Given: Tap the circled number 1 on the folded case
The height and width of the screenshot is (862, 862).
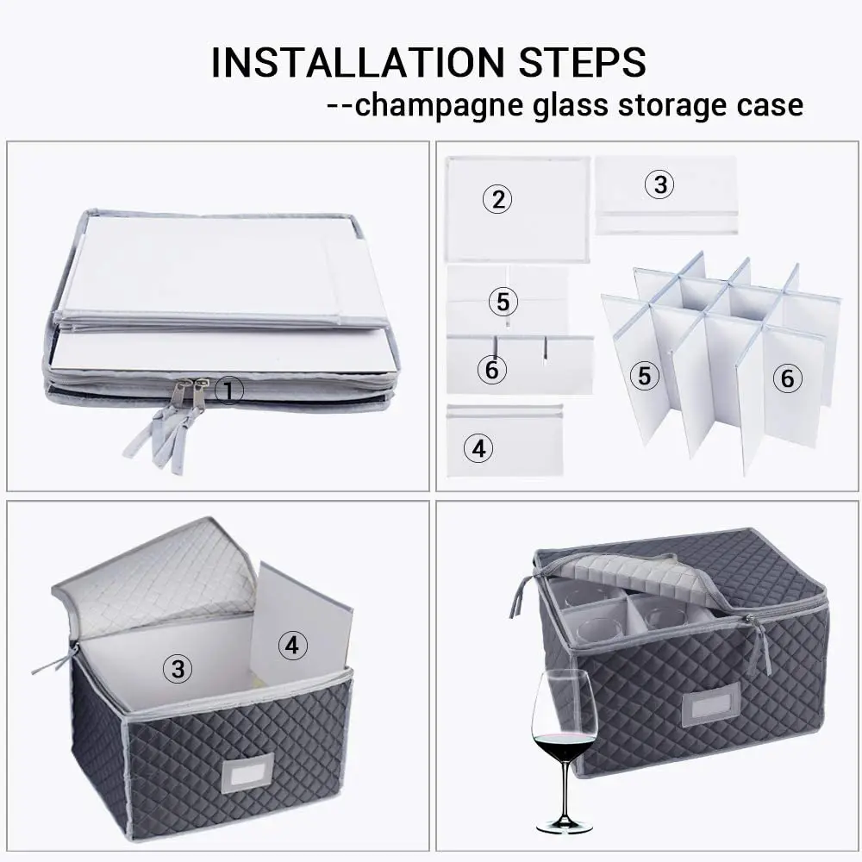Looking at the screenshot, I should coord(228,391).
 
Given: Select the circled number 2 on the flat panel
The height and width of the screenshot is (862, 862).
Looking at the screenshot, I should coord(497,200).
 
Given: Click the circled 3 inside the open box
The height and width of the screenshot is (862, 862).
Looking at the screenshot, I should coord(178,669).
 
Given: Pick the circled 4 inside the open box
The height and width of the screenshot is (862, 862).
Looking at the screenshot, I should coord(293,645).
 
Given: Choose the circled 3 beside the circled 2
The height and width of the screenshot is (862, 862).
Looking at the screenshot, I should coord(659,184).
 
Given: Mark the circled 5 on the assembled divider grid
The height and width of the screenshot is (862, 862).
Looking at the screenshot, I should coord(643,376).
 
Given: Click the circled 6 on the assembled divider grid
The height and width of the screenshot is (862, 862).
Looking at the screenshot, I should coord(787,378).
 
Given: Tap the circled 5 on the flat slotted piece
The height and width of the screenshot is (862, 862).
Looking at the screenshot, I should coord(503,302).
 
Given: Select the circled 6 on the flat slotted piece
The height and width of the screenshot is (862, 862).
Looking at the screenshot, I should coord(492,369).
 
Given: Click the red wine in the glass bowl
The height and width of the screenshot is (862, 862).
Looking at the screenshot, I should coord(564,746).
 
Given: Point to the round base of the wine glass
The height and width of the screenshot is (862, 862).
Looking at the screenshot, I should coord(564,828).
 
